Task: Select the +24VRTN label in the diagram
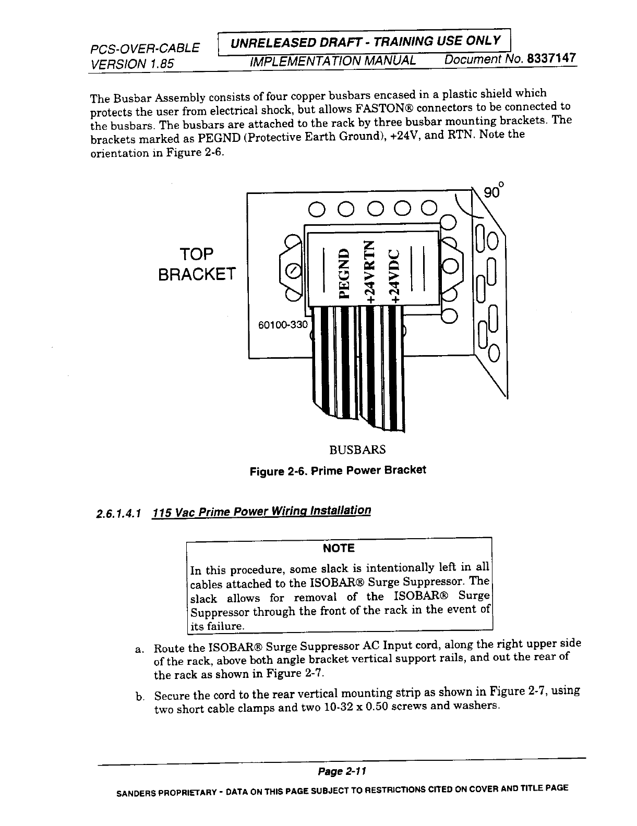pos(370,272)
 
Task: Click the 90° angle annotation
pos(494,191)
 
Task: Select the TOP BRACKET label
pos(197,263)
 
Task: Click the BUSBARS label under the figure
pos(357,450)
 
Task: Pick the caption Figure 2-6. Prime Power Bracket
pos(338,471)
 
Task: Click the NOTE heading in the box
pos(339,548)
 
